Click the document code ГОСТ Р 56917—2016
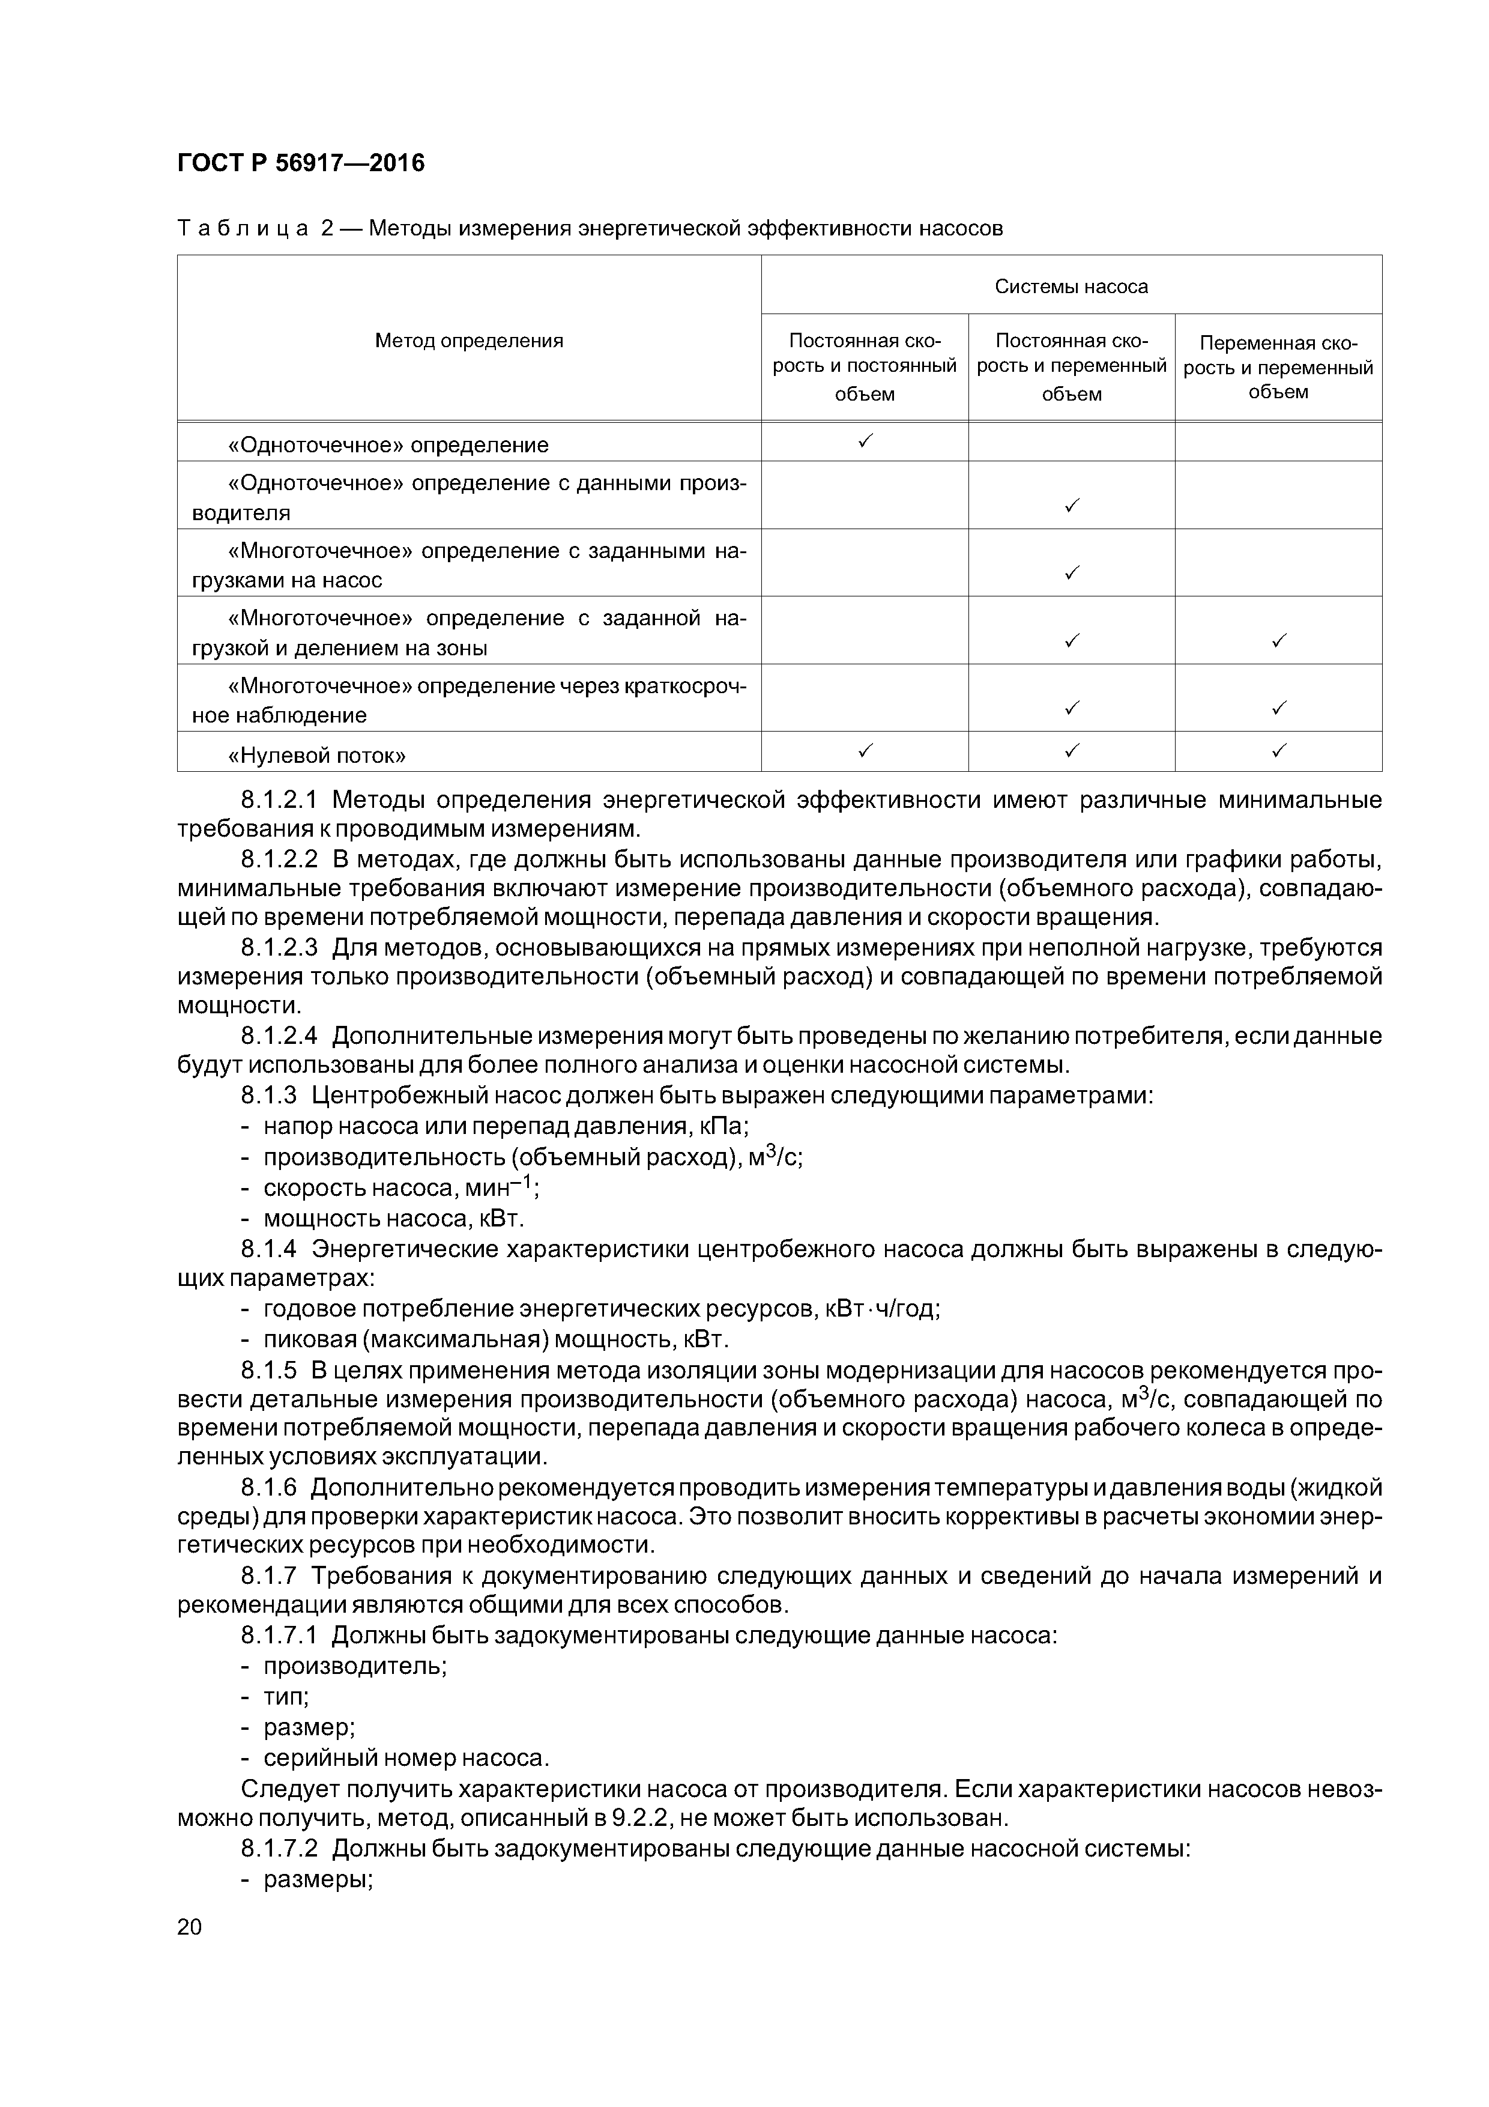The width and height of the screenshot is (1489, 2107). (301, 163)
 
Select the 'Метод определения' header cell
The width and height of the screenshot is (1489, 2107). (469, 341)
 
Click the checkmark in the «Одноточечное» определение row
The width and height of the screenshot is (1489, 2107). (864, 442)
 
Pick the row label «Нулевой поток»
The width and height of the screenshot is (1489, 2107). (316, 755)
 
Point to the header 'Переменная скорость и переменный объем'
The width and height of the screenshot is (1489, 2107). (1278, 367)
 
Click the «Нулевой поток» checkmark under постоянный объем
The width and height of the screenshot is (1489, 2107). (864, 751)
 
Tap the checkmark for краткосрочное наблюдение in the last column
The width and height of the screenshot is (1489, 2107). (1278, 708)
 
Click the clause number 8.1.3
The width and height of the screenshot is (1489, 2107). (269, 1096)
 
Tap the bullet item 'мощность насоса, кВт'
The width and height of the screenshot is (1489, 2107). (394, 1219)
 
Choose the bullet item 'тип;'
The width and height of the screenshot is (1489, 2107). (285, 1696)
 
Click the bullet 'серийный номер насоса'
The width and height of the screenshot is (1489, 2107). (405, 1757)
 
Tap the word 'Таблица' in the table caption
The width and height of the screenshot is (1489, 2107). (242, 228)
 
